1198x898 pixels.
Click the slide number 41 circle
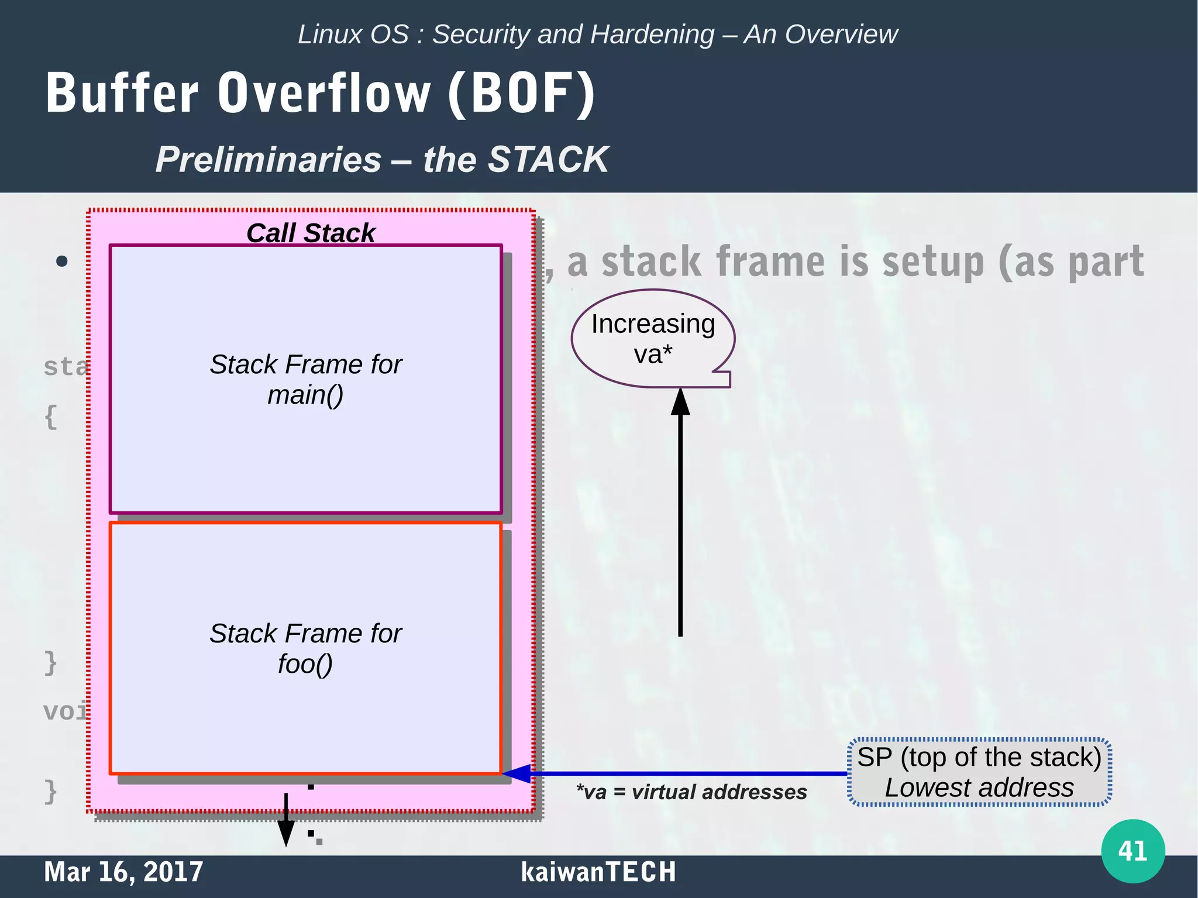(1132, 851)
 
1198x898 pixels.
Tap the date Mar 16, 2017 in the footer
(123, 872)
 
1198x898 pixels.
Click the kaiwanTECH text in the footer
(598, 872)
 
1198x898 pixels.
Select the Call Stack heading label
(310, 233)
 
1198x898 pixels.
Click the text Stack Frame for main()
(305, 379)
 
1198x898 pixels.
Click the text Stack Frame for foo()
(305, 648)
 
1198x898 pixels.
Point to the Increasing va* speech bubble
(653, 339)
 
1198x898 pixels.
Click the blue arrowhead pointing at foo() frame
(517, 773)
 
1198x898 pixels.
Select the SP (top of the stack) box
(979, 772)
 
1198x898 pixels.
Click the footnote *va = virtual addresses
(691, 792)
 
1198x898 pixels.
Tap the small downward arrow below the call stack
(285, 825)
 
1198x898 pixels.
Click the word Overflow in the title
(325, 94)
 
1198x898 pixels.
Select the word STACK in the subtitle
(548, 159)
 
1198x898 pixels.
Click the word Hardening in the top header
(652, 35)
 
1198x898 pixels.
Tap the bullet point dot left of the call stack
(62, 261)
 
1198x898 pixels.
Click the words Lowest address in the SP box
(979, 788)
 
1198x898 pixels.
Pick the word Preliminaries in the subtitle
(268, 159)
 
